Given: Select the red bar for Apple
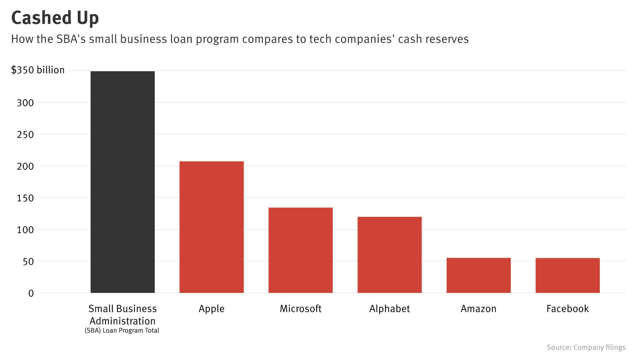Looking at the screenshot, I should pyautogui.click(x=211, y=227).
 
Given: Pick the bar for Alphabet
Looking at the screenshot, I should pyautogui.click(x=390, y=255).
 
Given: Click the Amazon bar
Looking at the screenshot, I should pyautogui.click(x=478, y=275).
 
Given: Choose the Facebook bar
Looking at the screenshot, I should pyautogui.click(x=567, y=275).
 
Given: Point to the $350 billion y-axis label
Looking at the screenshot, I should pyautogui.click(x=38, y=70).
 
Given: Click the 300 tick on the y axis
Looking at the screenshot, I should pyautogui.click(x=25, y=103).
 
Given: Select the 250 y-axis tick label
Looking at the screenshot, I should pyautogui.click(x=25, y=135).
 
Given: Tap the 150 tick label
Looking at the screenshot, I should pyautogui.click(x=25, y=198).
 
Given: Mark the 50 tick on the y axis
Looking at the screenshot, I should pyautogui.click(x=28, y=262).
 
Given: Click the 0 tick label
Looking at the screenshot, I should pyautogui.click(x=31, y=293).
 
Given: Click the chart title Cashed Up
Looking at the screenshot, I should pyautogui.click(x=55, y=18).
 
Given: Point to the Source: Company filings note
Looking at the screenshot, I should pyautogui.click(x=586, y=348).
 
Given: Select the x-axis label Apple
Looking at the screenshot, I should pyautogui.click(x=211, y=308).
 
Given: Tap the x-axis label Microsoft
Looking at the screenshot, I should pyautogui.click(x=300, y=308).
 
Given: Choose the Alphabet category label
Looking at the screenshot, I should pyautogui.click(x=390, y=308).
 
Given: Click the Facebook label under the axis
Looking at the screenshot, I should pyautogui.click(x=567, y=308).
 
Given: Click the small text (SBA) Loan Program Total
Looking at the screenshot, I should pyautogui.click(x=122, y=331).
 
